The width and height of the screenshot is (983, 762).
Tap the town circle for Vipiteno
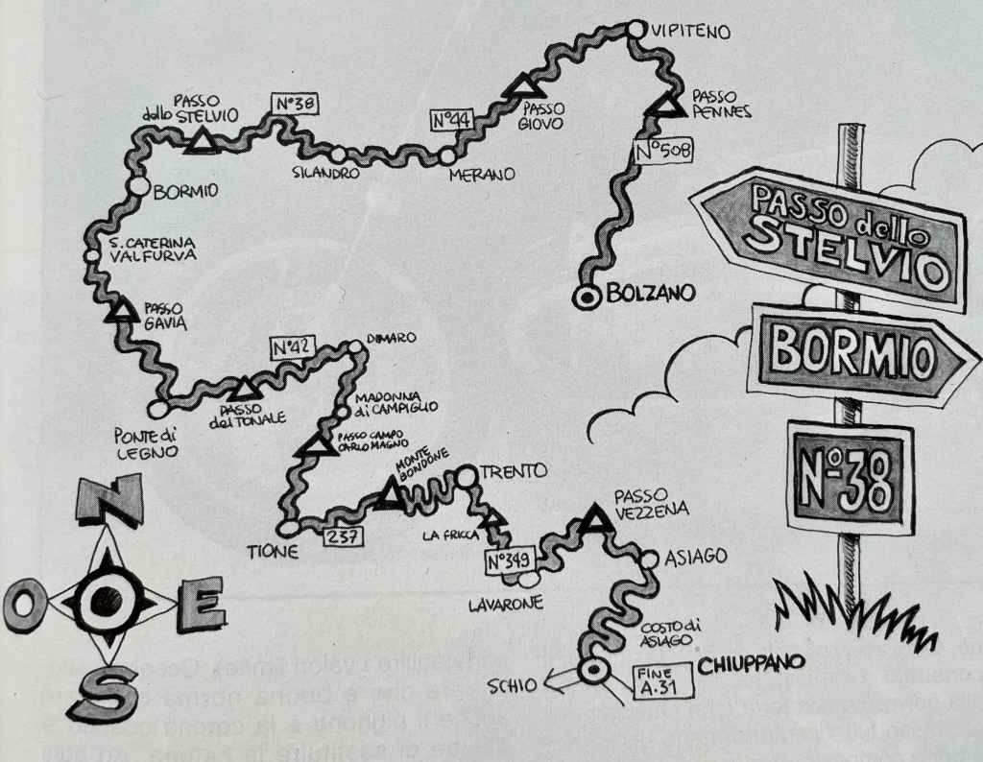pos(635,31)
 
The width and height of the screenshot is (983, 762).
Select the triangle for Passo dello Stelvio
pos(201,140)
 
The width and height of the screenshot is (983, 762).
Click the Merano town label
pos(481,175)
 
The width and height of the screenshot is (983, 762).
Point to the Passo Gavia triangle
pos(122,309)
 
